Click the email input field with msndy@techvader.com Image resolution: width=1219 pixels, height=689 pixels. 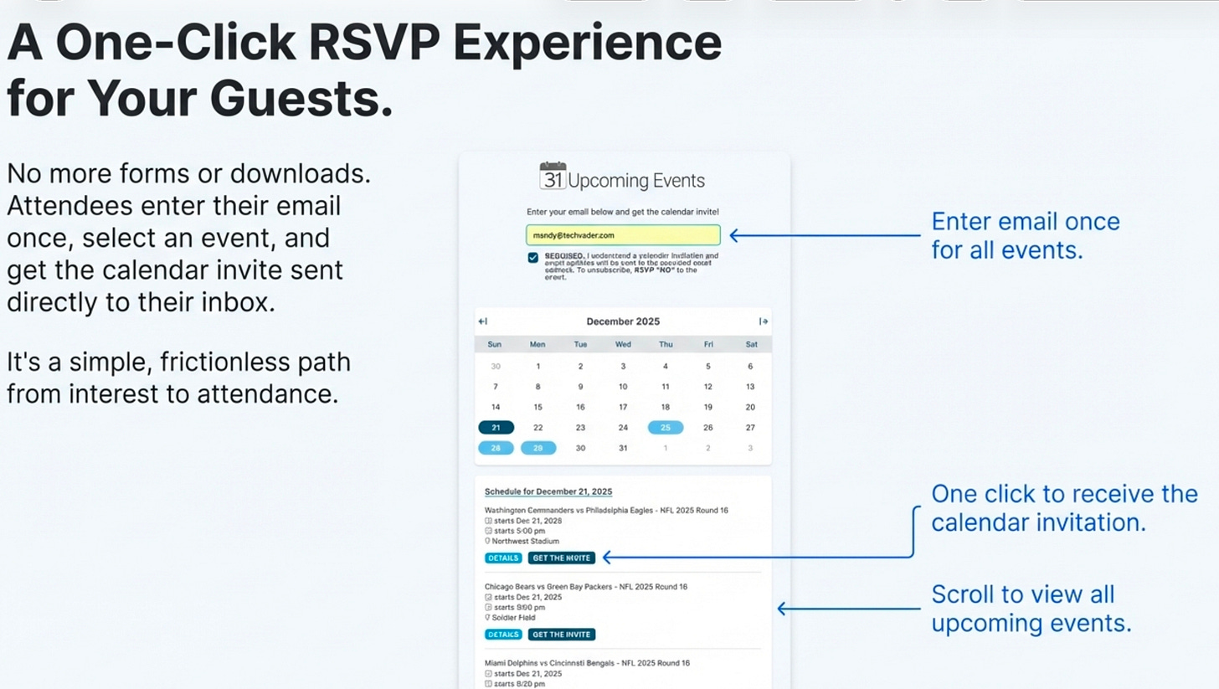(623, 235)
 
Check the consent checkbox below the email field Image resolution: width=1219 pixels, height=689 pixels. (533, 258)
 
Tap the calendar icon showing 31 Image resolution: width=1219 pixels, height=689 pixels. (553, 176)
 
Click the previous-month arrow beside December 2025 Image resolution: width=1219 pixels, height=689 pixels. (482, 321)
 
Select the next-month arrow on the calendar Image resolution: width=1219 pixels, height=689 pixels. (764, 321)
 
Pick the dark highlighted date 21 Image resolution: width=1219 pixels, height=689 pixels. (496, 428)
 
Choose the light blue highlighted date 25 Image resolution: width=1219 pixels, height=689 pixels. (666, 428)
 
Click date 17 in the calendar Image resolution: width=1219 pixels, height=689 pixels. (623, 408)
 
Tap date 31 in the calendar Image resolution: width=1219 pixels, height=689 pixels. (623, 448)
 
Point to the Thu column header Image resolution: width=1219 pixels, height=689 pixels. (666, 344)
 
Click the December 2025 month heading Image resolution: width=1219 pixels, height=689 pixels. (623, 321)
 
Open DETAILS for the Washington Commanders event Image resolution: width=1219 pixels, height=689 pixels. (503, 558)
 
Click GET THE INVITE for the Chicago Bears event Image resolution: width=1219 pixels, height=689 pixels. (562, 635)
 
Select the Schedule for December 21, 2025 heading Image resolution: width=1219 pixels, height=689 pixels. (548, 491)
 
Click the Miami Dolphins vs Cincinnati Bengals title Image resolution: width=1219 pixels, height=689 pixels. (587, 663)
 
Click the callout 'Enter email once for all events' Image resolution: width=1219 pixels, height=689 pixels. (1026, 235)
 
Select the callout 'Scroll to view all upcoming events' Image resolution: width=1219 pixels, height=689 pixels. (1031, 609)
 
